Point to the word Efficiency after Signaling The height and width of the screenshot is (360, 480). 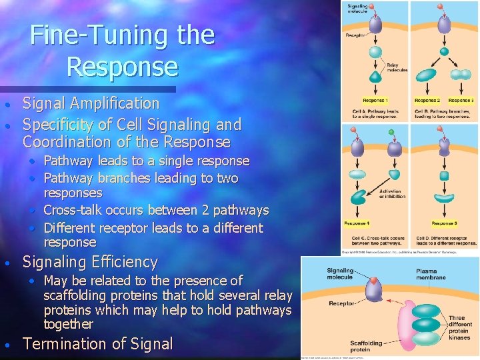point(127,262)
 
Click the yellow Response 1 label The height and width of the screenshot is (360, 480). point(376,100)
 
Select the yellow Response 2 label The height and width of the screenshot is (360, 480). point(429,100)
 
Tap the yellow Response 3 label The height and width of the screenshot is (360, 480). point(461,100)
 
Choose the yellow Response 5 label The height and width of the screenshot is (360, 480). point(444,223)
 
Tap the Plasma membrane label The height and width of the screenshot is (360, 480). point(428,275)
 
